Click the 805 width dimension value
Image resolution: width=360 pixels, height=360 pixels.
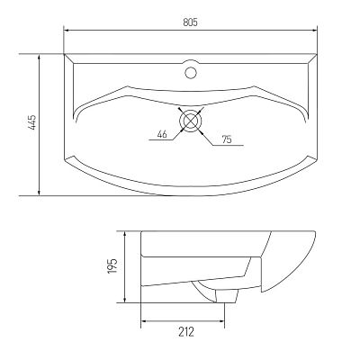pos(190,22)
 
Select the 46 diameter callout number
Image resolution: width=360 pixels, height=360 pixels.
pos(162,134)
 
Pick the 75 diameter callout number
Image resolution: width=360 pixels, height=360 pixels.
pos(227,139)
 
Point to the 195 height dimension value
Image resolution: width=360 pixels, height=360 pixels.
pos(112,265)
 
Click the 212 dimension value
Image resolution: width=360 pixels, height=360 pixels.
pos(186,332)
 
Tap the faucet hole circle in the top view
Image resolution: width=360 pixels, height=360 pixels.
pos(191,73)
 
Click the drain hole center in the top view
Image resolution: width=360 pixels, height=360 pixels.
pos(191,121)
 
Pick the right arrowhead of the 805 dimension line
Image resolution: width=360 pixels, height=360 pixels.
pos(314,30)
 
